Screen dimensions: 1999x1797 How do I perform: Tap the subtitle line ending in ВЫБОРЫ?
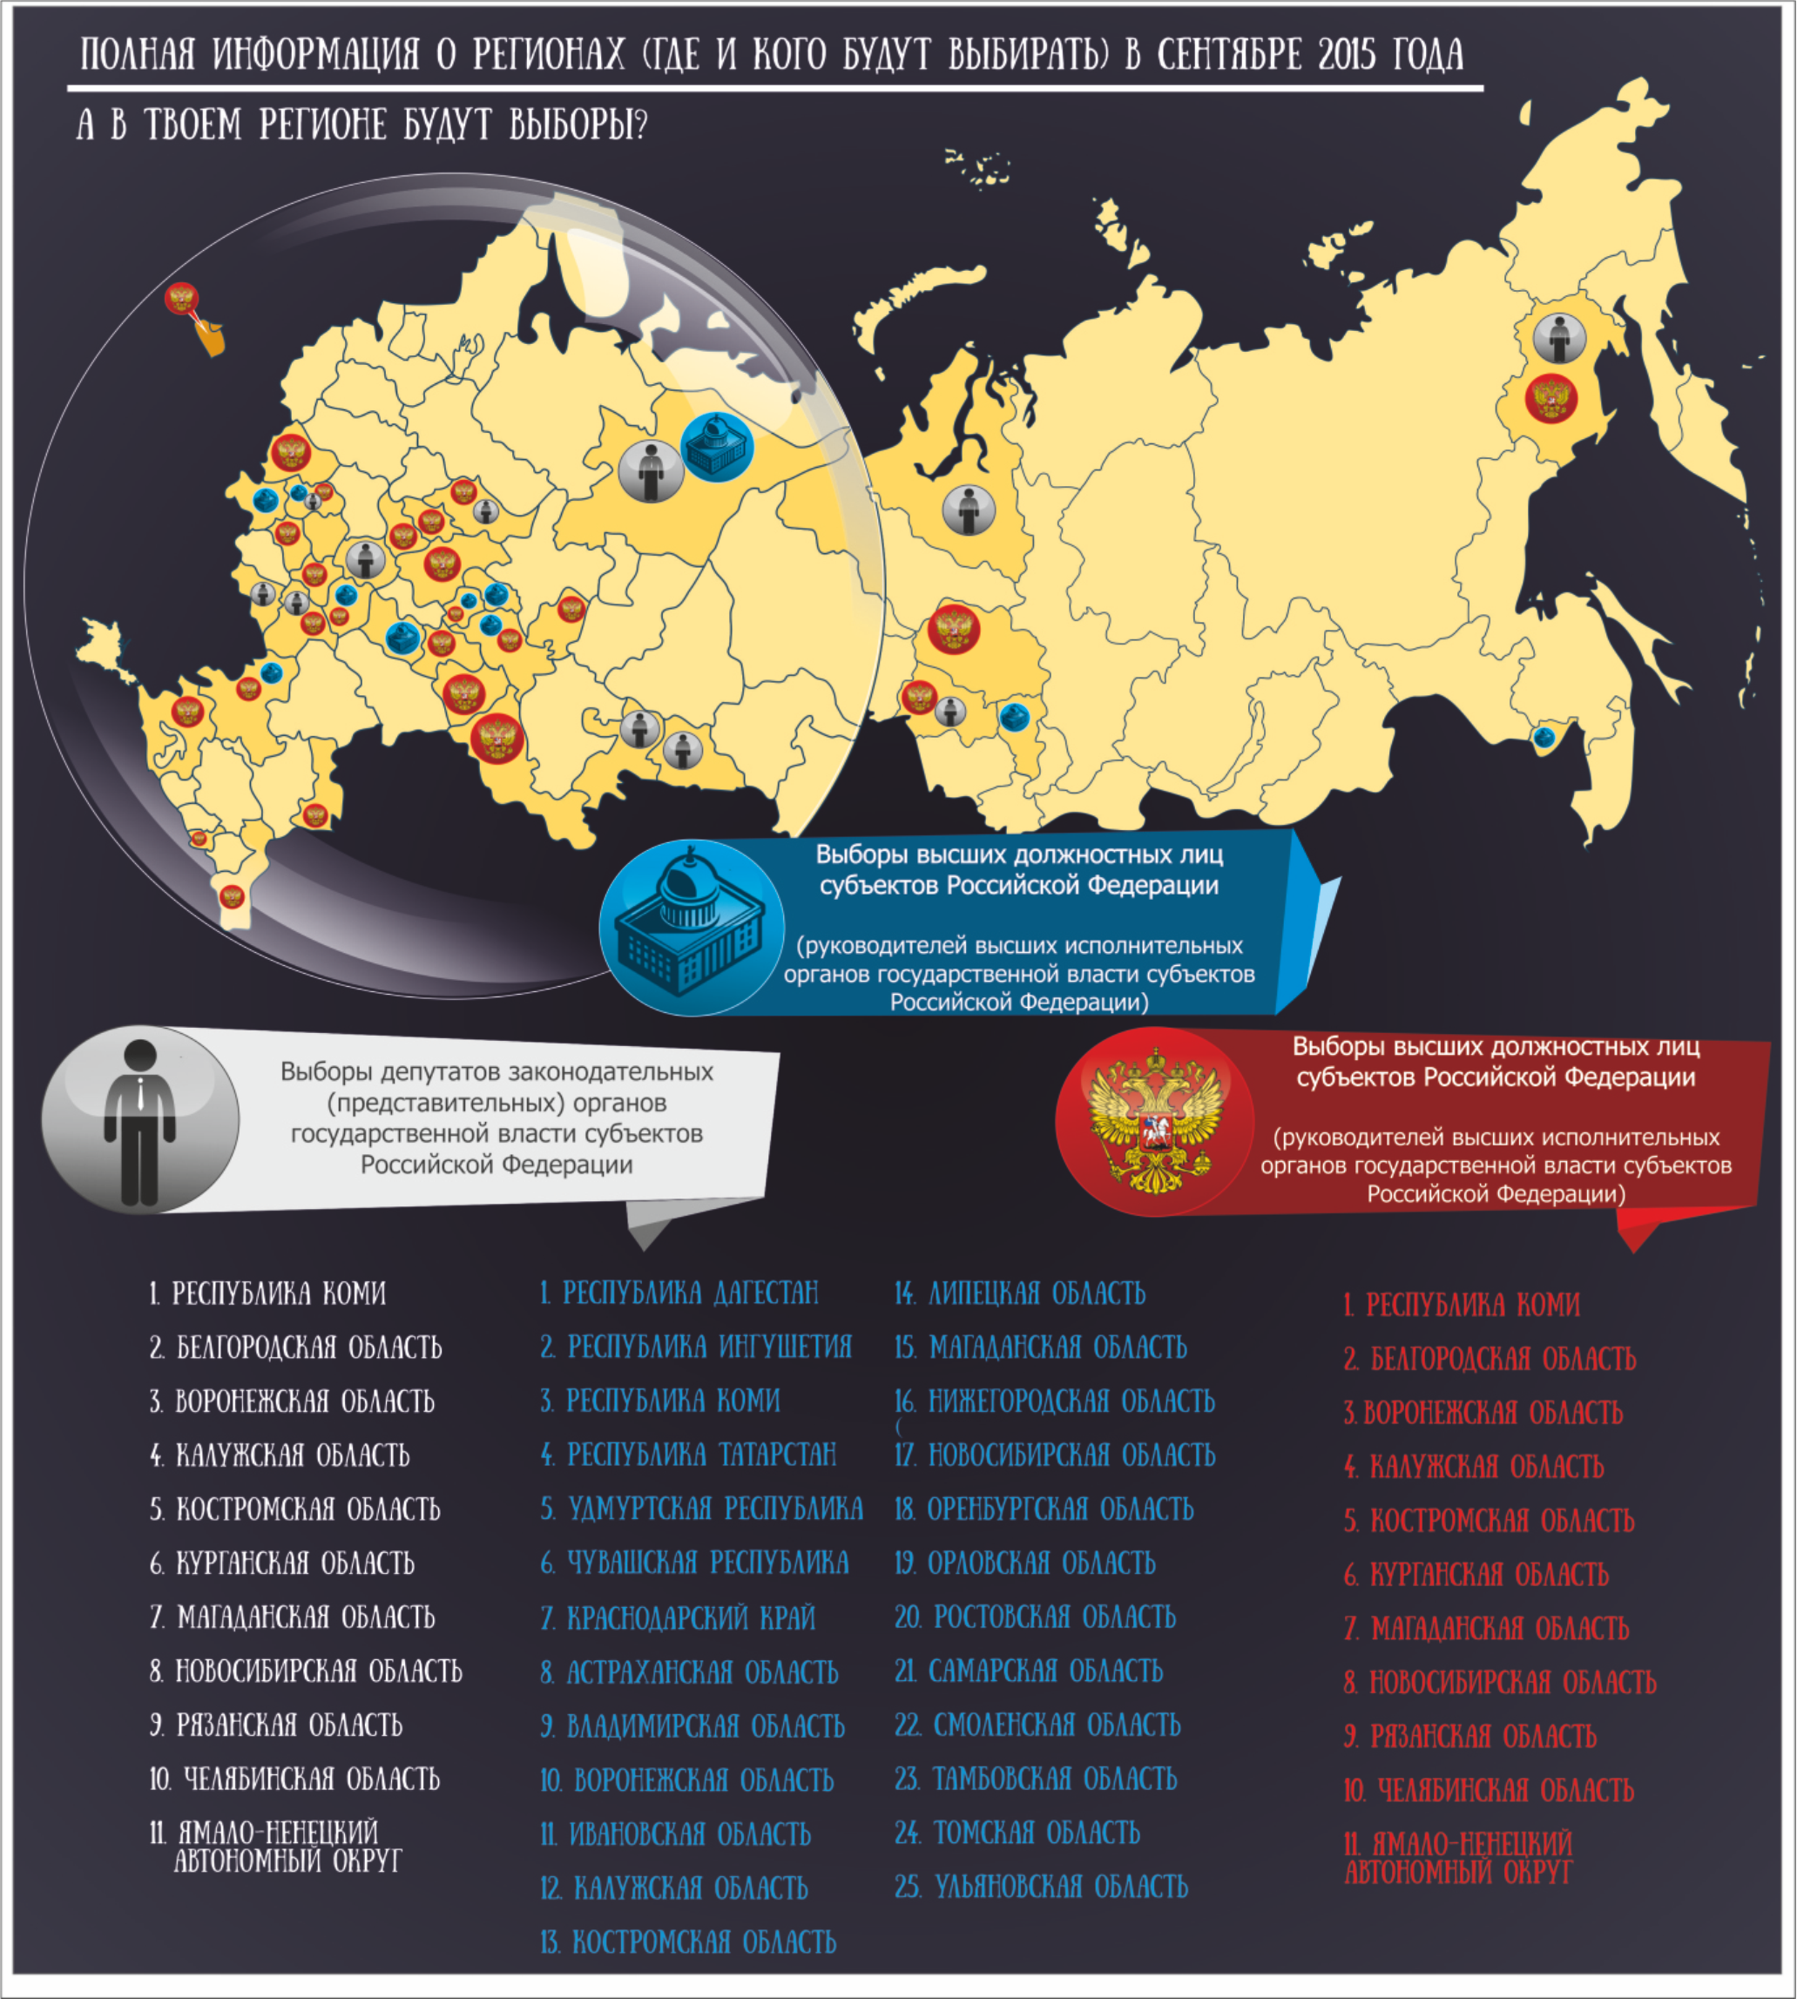[361, 125]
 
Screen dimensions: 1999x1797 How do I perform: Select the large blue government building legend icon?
[690, 927]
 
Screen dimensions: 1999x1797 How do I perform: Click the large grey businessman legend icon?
[140, 1119]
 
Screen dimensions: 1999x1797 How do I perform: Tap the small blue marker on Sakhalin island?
[1544, 736]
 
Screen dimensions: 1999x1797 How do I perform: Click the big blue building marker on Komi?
[718, 447]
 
